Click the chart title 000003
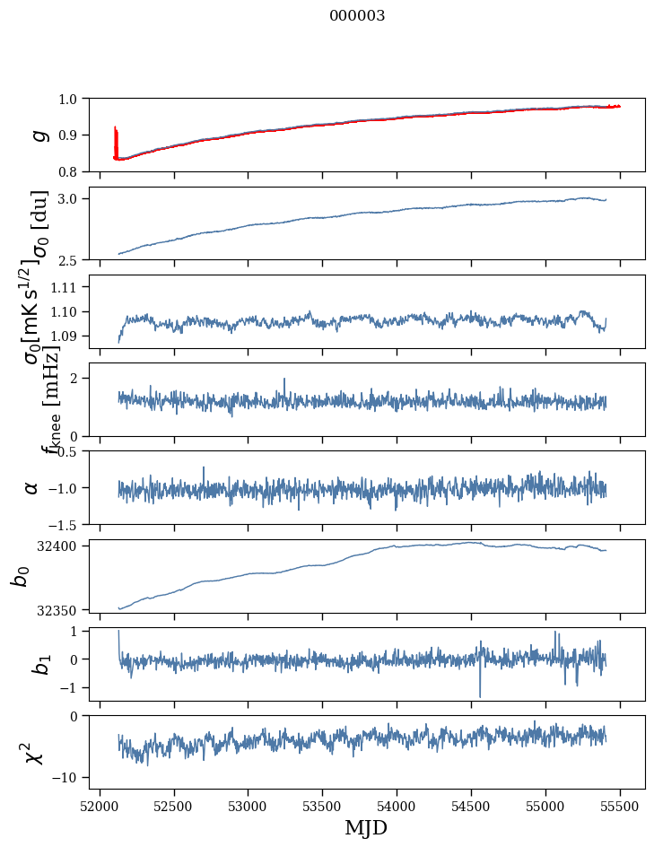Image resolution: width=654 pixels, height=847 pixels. (357, 15)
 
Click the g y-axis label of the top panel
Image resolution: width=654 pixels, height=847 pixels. (39, 135)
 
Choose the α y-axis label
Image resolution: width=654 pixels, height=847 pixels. (31, 487)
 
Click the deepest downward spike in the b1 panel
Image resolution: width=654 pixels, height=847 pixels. (480, 695)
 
